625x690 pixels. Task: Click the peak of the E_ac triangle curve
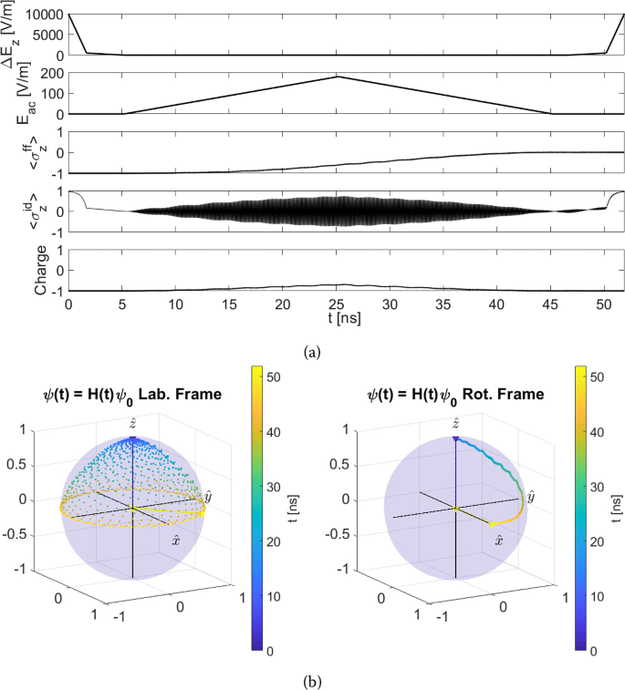click(338, 77)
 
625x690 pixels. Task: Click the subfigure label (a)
click(312, 346)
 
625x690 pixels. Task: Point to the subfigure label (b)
click(312, 679)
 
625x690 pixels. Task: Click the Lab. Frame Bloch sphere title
click(134, 396)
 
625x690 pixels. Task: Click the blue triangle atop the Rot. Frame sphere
click(454, 439)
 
